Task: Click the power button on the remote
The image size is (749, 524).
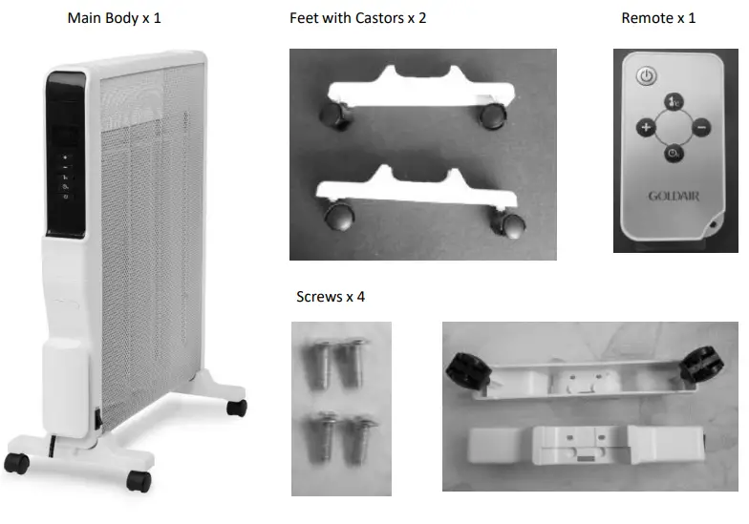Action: [647, 75]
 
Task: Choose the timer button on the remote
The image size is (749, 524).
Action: [674, 153]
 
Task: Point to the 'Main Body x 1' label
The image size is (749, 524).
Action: [114, 18]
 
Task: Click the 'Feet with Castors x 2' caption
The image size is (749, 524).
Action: [357, 18]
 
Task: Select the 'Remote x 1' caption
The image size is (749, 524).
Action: [658, 18]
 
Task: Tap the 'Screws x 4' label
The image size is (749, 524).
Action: [331, 297]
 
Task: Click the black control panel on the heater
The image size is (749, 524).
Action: [63, 153]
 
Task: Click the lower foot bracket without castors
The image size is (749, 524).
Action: [586, 445]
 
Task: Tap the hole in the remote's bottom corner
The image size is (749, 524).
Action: [716, 225]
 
